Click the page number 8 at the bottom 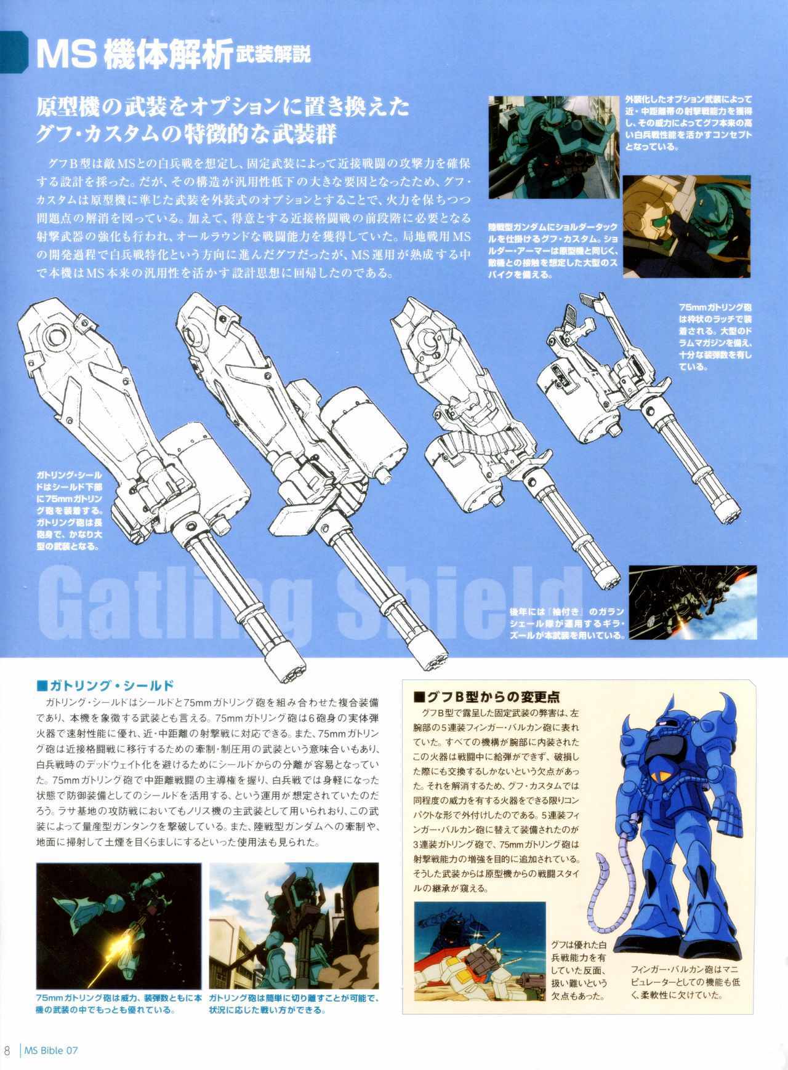(x=7, y=1050)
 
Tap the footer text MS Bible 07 (x=51, y=1050)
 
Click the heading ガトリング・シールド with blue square (x=106, y=685)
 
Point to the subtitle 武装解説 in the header (x=273, y=54)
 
